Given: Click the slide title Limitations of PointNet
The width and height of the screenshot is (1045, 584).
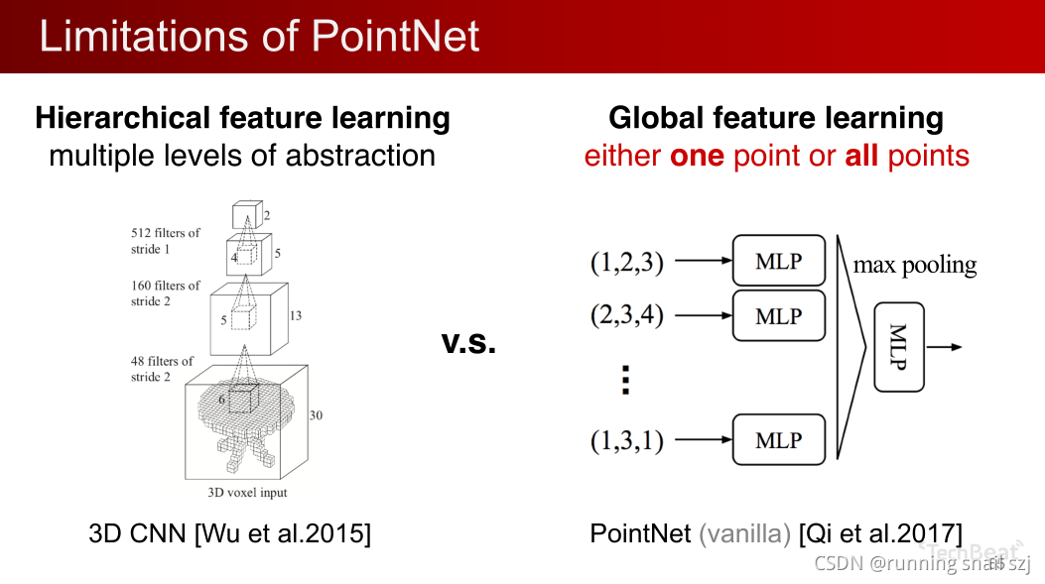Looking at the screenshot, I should click(259, 36).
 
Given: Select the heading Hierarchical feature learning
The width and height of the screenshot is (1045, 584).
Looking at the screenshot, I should click(242, 118).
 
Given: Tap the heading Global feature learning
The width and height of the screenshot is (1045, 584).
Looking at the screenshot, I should click(775, 118).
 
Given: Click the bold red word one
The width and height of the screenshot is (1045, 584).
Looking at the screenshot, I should click(697, 156).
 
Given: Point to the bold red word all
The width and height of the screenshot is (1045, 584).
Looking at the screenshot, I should click(861, 156).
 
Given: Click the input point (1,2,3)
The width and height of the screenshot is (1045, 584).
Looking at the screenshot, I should click(626, 263).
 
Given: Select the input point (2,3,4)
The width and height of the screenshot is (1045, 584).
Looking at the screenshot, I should click(626, 316).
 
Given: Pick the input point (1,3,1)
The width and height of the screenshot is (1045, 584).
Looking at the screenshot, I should click(626, 441).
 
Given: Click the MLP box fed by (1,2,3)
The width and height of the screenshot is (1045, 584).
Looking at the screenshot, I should click(778, 262).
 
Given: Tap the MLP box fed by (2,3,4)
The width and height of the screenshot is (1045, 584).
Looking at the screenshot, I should click(778, 316).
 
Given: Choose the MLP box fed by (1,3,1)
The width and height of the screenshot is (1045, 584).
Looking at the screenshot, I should click(778, 440).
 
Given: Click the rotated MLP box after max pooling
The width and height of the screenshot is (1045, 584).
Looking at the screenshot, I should click(900, 347).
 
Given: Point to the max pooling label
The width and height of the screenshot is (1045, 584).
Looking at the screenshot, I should click(914, 265).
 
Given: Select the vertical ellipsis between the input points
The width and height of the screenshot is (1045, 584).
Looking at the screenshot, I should click(625, 380).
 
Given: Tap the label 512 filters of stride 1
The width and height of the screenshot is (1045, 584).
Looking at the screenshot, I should click(165, 241).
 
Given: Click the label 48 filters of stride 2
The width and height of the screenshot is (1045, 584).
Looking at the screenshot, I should click(162, 369).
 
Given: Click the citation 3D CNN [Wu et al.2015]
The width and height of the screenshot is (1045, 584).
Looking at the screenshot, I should click(229, 533).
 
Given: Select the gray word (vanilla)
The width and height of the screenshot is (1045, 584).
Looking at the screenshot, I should click(744, 533).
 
